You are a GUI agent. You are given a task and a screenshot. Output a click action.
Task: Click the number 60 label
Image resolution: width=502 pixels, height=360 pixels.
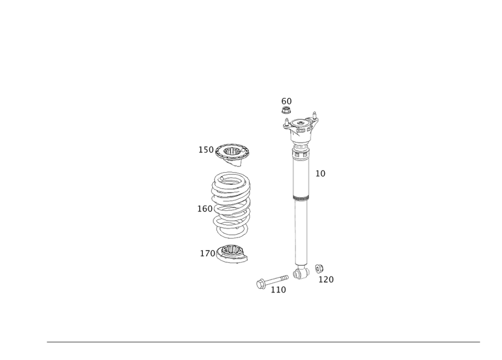coord(286,100)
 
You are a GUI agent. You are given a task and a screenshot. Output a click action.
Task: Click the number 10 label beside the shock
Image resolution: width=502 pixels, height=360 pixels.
coord(321,174)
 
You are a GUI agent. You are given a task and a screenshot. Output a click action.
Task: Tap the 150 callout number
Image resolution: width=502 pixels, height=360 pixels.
coord(205,150)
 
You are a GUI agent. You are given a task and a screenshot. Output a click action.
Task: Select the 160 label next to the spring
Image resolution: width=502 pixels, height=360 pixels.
coord(204,209)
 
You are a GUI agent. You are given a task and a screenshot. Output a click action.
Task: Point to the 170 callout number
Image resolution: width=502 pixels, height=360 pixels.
coord(207,253)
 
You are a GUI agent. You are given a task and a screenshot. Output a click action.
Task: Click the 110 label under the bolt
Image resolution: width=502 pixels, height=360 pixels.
coord(279,289)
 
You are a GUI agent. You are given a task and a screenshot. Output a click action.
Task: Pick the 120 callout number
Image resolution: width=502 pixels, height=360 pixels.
coord(325,280)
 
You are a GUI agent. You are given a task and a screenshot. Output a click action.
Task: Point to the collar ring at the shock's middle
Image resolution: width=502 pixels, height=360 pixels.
coord(301,198)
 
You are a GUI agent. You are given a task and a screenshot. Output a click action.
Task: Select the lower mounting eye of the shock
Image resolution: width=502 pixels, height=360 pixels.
coord(300,271)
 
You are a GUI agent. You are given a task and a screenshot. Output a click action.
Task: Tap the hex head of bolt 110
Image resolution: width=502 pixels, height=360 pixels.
coord(261,284)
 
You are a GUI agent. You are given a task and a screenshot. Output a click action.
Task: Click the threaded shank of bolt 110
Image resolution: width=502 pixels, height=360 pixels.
coord(277,280)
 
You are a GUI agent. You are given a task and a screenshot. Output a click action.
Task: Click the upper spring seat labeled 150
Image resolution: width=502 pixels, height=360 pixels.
coord(233,151)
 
